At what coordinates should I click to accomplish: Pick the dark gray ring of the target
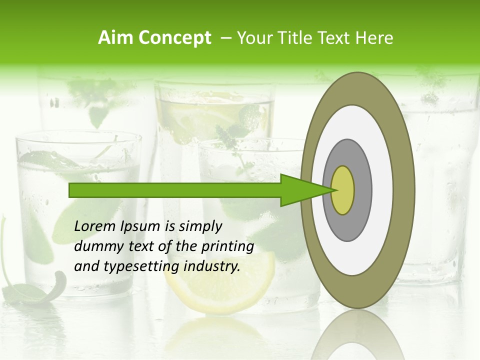(362, 190)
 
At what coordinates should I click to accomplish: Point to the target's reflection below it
(358, 337)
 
